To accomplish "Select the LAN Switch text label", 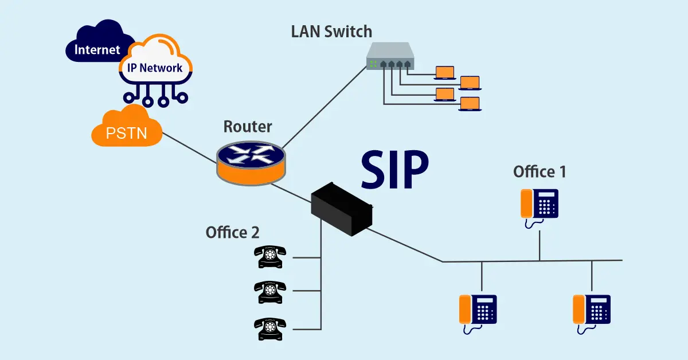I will click(x=331, y=31).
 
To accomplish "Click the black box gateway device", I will click(x=342, y=208).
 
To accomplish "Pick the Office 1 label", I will click(x=540, y=171).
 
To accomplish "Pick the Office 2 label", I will click(x=232, y=232).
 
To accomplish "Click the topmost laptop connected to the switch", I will click(x=444, y=72).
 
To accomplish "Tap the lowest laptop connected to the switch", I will click(x=470, y=104).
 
